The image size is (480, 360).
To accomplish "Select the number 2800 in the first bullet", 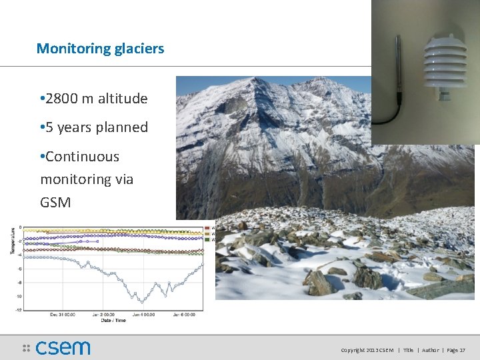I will point(62,99).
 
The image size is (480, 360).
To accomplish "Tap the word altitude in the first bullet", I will point(123,99).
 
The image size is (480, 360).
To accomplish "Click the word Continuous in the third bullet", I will point(82,157).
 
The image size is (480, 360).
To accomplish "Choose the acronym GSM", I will point(55,202).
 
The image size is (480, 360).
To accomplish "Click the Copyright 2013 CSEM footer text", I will point(367,350).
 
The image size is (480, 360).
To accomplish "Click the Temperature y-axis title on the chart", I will point(12,241).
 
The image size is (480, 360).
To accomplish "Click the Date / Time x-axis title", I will point(113,321).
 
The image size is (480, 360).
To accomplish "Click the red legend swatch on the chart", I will point(207,228).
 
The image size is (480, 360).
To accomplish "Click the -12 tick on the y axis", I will point(19,309).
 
